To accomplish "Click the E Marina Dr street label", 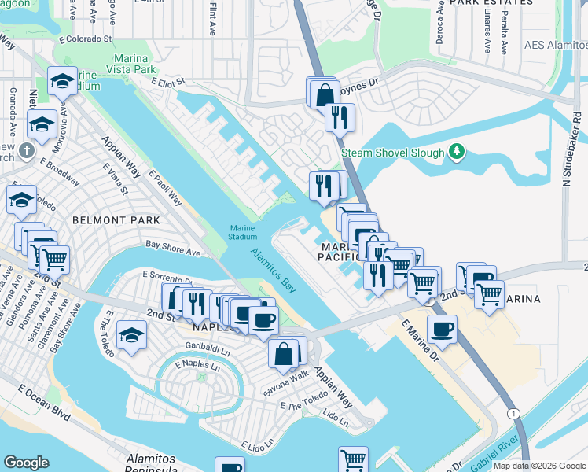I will pos(420,341).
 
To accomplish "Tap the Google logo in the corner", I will pos(26,463).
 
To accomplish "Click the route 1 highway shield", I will pos(513,413).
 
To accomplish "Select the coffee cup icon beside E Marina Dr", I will pos(442,329).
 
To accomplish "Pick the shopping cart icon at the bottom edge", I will pos(353,460).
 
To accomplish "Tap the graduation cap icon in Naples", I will pos(131,336).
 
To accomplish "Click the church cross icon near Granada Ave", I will pos(26,150).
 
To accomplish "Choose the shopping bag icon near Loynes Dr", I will pos(324,94).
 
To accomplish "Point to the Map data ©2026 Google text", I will pos(539,466).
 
